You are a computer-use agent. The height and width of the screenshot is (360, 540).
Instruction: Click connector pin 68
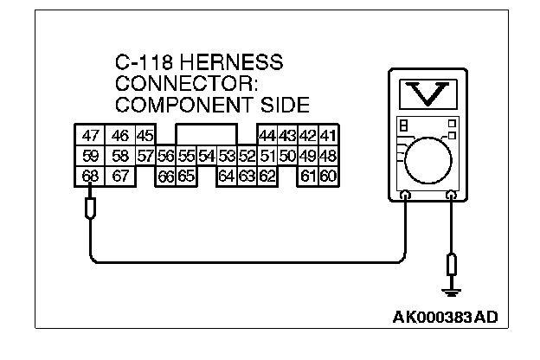[x=90, y=177]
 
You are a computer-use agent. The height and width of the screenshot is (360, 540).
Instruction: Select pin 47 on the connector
[x=90, y=136]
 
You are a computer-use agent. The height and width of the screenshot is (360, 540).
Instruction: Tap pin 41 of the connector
[x=328, y=136]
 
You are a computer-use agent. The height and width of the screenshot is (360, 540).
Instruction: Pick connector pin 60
[x=328, y=177]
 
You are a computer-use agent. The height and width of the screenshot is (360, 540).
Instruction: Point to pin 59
[x=90, y=156]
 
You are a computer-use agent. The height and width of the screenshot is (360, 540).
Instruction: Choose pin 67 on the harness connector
[x=120, y=177]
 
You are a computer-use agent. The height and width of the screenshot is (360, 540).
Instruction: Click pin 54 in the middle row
[x=206, y=156]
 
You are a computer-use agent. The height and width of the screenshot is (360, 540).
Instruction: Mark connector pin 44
[x=267, y=136]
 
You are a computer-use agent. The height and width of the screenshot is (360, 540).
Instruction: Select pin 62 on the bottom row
[x=267, y=177]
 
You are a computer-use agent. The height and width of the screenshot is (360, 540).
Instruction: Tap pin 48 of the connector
[x=328, y=156]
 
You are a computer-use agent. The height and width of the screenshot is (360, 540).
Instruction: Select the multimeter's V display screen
[x=429, y=93]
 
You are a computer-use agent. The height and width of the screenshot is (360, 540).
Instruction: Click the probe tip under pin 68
[x=90, y=209]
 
